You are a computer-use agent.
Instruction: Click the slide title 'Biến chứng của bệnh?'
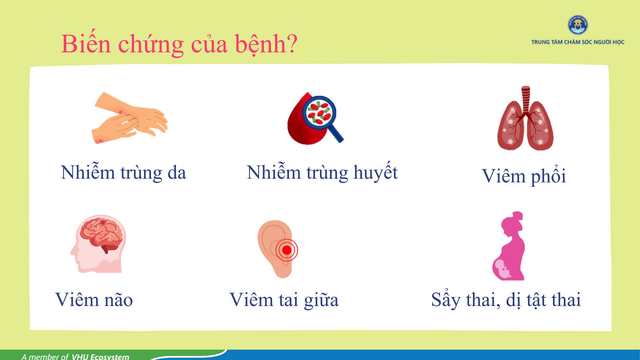click(x=179, y=44)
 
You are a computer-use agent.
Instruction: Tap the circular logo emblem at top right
click(x=578, y=25)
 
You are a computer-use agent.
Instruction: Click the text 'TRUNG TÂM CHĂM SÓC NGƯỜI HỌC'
click(x=578, y=42)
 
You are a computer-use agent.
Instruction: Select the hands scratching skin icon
click(x=129, y=118)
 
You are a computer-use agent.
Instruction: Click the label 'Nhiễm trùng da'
click(x=123, y=173)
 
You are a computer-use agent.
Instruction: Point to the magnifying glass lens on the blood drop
click(x=319, y=112)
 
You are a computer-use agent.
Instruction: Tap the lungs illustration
click(x=525, y=119)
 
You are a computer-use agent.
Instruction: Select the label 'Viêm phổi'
click(x=524, y=176)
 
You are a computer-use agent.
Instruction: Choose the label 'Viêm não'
click(x=94, y=299)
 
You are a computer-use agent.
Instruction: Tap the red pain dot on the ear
click(x=287, y=250)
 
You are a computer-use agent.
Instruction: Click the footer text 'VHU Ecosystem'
click(x=100, y=357)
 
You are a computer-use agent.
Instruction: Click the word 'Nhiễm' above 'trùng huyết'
click(x=274, y=172)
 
